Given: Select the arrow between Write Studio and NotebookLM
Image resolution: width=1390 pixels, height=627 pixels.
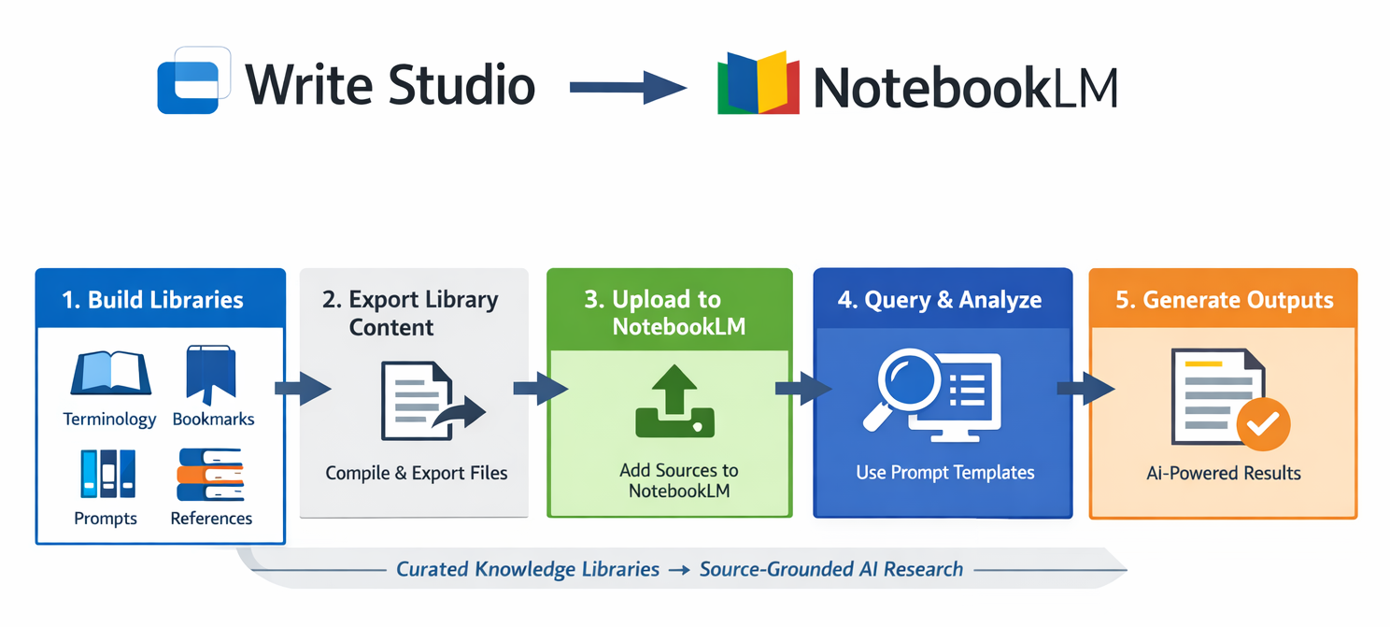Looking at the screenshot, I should click(627, 87).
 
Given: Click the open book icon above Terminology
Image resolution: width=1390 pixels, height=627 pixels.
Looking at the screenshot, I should click(110, 373).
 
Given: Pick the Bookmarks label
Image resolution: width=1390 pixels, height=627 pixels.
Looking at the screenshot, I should click(213, 420).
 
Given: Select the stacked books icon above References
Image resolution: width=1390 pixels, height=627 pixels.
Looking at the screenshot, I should click(209, 475).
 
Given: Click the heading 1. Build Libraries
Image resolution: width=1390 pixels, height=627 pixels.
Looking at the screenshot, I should click(152, 300).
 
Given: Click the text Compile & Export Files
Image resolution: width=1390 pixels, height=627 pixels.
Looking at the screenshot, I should click(417, 473).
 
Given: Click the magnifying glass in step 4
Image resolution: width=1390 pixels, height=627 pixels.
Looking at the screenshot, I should click(902, 386).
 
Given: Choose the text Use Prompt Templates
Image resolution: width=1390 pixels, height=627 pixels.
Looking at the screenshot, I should click(945, 473).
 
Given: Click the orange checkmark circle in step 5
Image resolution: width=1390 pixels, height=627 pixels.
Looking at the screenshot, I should click(1263, 426).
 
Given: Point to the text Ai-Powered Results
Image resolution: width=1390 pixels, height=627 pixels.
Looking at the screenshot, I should click(1224, 473).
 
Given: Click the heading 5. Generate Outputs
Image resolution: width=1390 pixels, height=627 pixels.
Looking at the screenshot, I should click(1225, 300).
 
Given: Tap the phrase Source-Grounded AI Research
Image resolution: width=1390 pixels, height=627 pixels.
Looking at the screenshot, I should click(831, 569).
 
